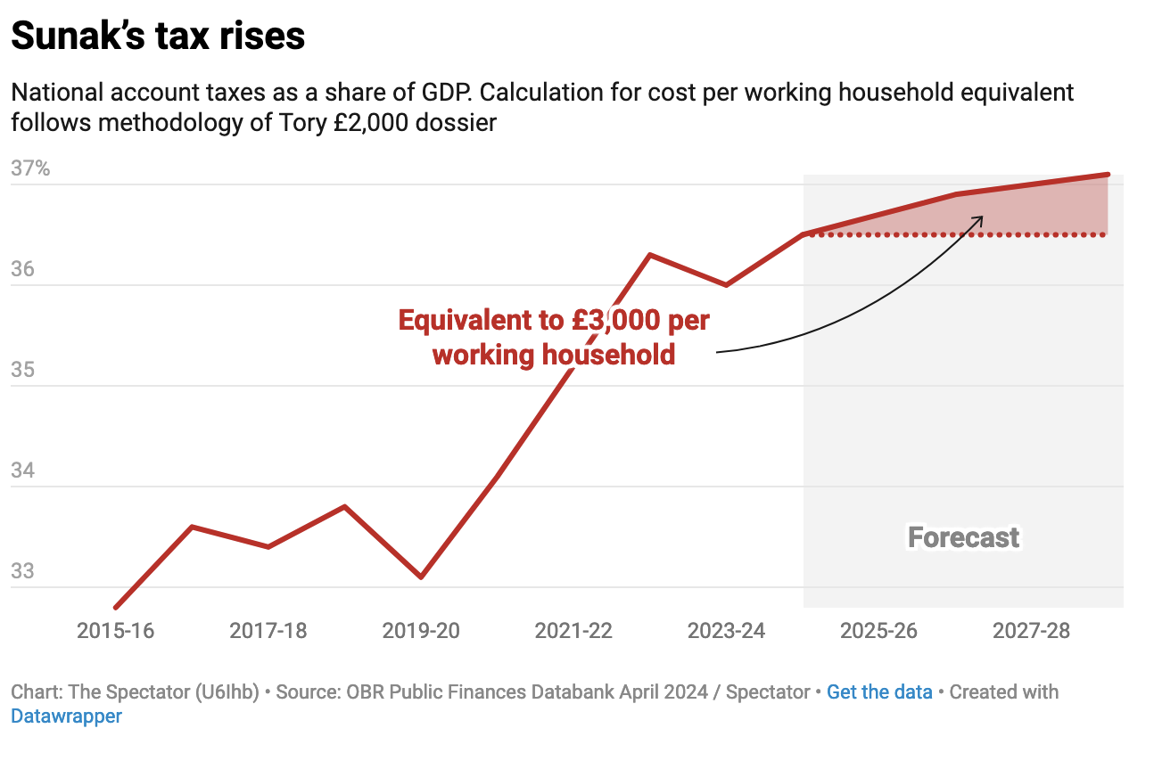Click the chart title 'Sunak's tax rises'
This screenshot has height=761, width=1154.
coord(158,37)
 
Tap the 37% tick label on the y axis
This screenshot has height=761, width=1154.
coord(30,168)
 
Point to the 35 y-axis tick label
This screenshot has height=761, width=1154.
coord(24,370)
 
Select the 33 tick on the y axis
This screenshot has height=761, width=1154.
coord(24,571)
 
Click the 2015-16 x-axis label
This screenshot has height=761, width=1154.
coord(115,631)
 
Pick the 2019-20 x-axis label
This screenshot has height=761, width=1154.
coord(421,631)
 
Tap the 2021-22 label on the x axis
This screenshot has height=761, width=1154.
coord(573,631)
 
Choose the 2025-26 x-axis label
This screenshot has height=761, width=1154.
coord(879,631)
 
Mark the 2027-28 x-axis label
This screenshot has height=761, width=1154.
coord(1032,631)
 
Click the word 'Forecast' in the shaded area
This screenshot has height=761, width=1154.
coord(963,537)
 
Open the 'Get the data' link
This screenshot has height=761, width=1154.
coord(879,692)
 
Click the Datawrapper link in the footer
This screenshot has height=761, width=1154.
coord(66,716)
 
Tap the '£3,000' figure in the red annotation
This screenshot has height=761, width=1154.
coord(613,320)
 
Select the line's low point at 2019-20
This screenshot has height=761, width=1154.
coord(421,577)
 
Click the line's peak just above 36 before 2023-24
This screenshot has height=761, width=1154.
coord(650,255)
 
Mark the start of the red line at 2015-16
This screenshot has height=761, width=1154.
coord(116,608)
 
